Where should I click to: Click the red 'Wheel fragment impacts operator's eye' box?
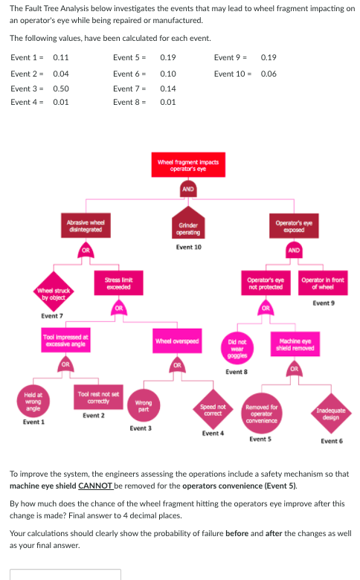187,166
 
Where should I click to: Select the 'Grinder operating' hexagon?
188,228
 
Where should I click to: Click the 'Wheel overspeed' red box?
177,341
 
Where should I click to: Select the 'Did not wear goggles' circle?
235,347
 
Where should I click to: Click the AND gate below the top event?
188,189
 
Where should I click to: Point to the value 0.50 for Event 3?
61,88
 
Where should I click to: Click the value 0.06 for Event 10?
269,73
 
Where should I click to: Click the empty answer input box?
65,574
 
